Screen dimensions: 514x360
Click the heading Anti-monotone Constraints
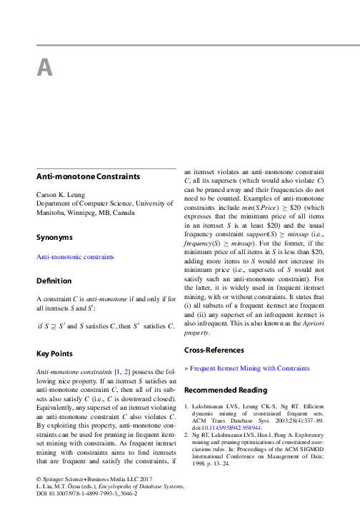(x=87, y=176)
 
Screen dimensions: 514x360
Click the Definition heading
(x=55, y=279)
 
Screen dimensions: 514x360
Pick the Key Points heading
(x=56, y=353)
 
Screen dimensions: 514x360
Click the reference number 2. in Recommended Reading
(x=187, y=433)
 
